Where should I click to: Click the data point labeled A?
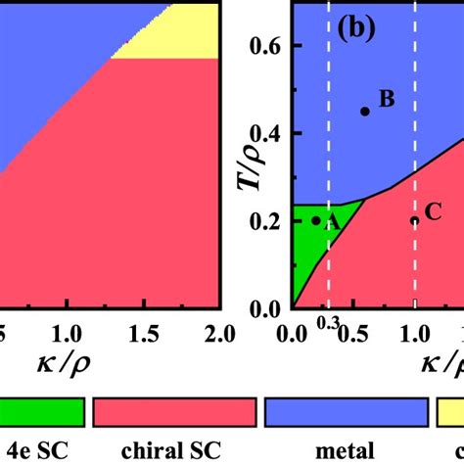[315, 220]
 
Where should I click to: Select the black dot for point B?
[365, 112]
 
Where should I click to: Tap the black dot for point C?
[414, 220]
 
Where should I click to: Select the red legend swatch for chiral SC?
[173, 413]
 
